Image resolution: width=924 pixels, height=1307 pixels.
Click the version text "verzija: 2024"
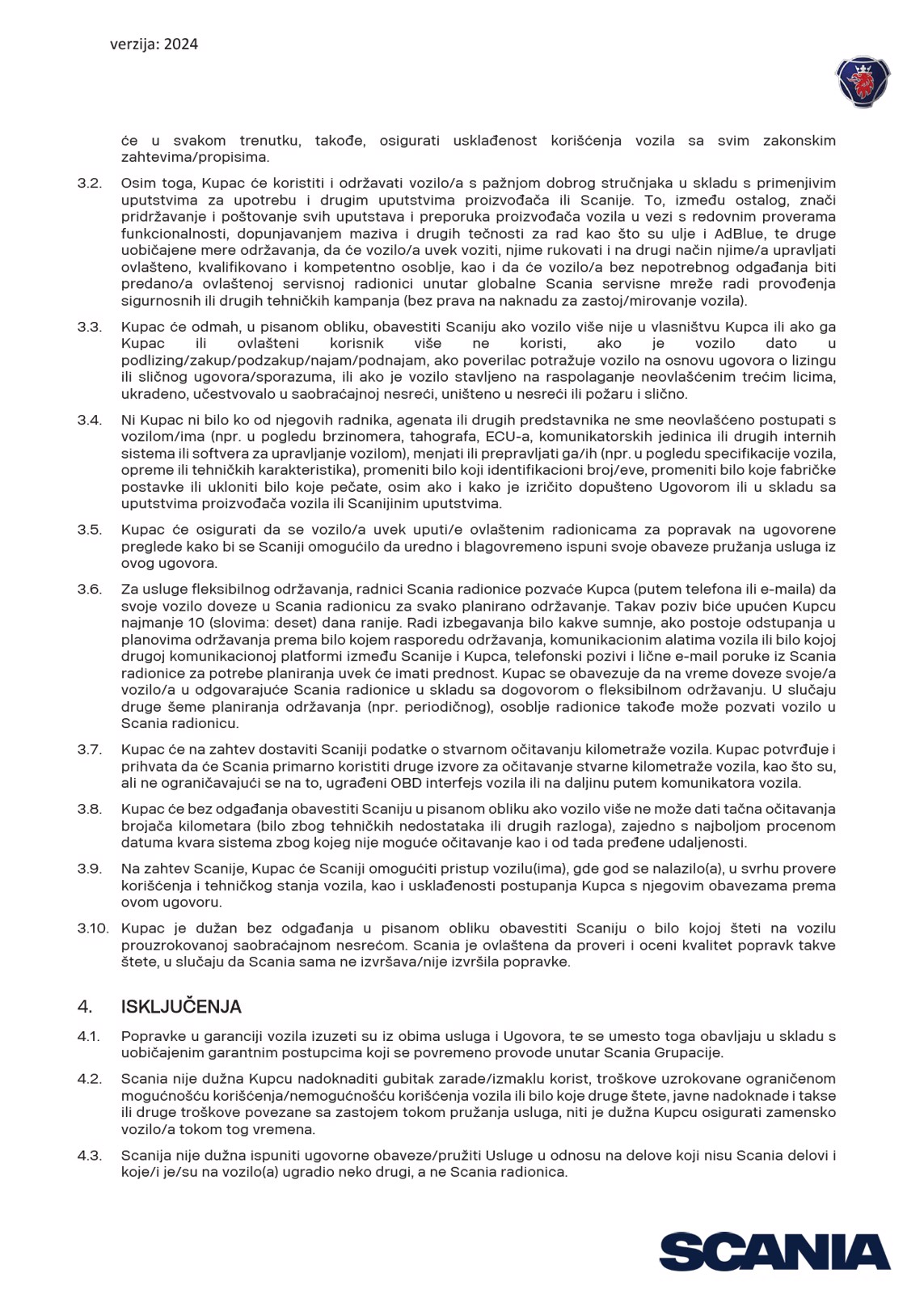click(154, 44)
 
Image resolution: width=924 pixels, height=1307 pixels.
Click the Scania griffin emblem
click(863, 82)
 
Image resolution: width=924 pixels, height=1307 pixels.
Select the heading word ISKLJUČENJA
click(181, 1007)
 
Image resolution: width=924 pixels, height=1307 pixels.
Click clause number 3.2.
click(90, 183)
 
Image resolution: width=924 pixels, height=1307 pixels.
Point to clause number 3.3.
click(90, 327)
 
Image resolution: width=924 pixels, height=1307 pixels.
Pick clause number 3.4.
click(90, 420)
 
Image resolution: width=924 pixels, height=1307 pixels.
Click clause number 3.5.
click(90, 530)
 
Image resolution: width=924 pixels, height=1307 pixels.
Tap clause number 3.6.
click(90, 589)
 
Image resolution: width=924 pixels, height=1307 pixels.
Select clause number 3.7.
click(90, 749)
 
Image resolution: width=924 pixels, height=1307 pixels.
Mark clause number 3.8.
click(90, 809)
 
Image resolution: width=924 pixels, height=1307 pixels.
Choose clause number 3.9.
click(90, 869)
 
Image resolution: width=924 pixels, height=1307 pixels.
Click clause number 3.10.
click(93, 928)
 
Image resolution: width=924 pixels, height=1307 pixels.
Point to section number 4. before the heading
click(85, 1007)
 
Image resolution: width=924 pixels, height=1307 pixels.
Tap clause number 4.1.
click(89, 1036)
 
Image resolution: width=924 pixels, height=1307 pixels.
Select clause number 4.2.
click(89, 1079)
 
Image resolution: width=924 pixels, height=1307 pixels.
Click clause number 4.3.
click(89, 1155)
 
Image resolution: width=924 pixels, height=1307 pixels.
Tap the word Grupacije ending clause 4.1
click(693, 1053)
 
